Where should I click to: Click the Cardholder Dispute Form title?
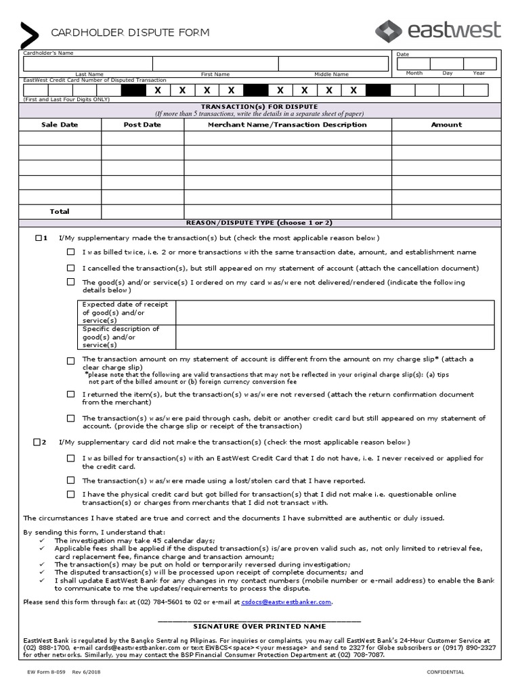[130, 32]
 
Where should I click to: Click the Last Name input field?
[89, 64]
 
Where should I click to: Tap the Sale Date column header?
[60, 125]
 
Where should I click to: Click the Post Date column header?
[142, 125]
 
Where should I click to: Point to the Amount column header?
[446, 125]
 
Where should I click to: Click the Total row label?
[60, 211]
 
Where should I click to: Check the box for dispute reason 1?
[37, 238]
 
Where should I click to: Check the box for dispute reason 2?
[37, 442]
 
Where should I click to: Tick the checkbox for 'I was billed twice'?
[70, 252]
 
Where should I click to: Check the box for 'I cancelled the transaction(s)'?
[70, 267]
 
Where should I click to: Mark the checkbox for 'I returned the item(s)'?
[70, 394]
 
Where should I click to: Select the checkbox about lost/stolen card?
[70, 479]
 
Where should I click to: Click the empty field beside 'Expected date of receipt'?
[334, 312]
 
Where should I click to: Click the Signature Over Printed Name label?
[260, 626]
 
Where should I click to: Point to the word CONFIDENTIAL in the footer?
[445, 671]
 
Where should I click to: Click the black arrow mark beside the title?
[30, 35]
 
